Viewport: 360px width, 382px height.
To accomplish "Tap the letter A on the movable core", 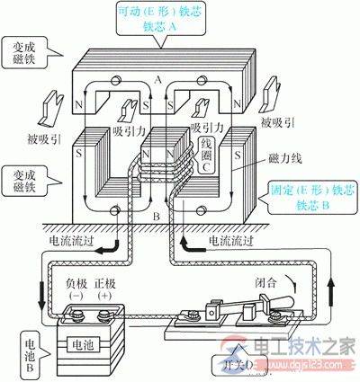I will point(183,78).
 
